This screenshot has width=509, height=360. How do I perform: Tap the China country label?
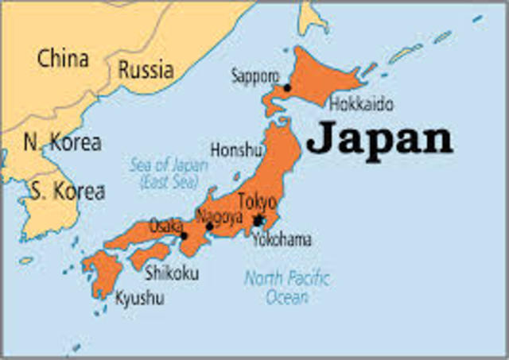pyautogui.click(x=63, y=58)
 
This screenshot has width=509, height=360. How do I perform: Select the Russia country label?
pyautogui.click(x=146, y=69)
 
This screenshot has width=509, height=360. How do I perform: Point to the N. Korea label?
pyautogui.click(x=62, y=143)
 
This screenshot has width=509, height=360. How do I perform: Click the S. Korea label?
pyautogui.click(x=67, y=191)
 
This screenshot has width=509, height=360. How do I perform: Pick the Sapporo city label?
pyautogui.click(x=254, y=76)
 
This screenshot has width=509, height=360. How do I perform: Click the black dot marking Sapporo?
pyautogui.click(x=287, y=87)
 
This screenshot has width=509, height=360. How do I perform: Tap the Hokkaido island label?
pyautogui.click(x=360, y=104)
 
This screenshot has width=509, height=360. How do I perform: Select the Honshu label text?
pyautogui.click(x=236, y=149)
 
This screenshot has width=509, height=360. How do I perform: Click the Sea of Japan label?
pyautogui.click(x=169, y=173)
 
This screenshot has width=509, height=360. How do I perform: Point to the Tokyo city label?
pyautogui.click(x=257, y=202)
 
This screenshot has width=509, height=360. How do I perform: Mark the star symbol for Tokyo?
pyautogui.click(x=258, y=220)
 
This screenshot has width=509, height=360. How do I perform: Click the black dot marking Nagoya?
pyautogui.click(x=209, y=226)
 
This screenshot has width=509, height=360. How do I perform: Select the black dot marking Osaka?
pyautogui.click(x=184, y=235)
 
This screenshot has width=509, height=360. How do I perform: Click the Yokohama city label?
pyautogui.click(x=282, y=239)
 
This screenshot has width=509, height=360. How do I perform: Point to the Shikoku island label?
pyautogui.click(x=173, y=273)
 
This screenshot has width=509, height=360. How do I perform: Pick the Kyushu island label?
pyautogui.click(x=139, y=299)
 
